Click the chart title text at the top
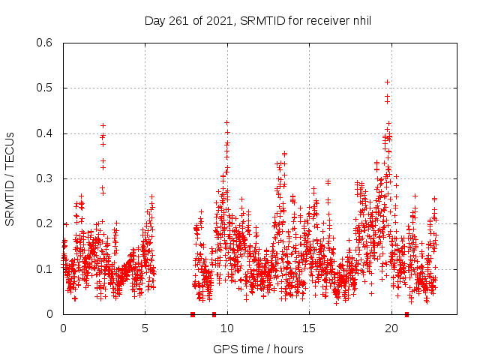point(258,20)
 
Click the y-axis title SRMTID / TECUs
point(10,178)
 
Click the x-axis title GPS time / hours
point(258,349)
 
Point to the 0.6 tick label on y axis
point(46,43)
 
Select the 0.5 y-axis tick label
point(46,88)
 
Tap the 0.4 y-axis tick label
point(46,133)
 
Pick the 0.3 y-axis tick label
point(46,178)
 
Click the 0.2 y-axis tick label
point(46,223)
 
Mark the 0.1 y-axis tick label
point(46,268)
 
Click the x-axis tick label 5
point(145,328)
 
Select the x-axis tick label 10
point(226,328)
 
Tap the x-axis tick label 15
point(309,328)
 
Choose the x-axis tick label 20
point(391,328)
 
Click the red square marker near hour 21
point(407,314)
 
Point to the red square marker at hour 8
point(193,314)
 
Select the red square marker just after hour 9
point(214,314)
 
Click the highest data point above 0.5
point(387,82)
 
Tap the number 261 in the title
point(178,20)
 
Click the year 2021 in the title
point(216,20)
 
